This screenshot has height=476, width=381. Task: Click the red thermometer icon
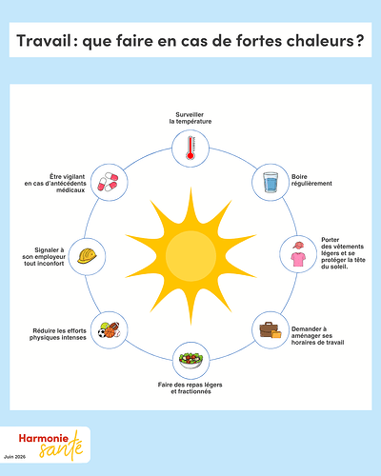click(x=190, y=148)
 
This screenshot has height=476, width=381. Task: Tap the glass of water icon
click(x=271, y=182)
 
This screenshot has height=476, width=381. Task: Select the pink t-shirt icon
click(x=298, y=259)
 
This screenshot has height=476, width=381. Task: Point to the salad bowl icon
click(x=190, y=361)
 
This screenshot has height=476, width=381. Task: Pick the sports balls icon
click(x=110, y=330)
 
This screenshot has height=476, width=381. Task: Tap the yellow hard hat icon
click(x=87, y=256)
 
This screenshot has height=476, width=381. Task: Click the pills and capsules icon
click(x=108, y=182)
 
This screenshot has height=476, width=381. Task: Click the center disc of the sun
click(x=190, y=256)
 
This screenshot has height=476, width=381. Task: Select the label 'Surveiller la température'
click(x=190, y=118)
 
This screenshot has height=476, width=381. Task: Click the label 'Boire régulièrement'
click(x=311, y=180)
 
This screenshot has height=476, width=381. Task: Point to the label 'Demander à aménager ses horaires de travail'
click(x=317, y=335)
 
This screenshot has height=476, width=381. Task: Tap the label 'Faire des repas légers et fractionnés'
click(x=190, y=388)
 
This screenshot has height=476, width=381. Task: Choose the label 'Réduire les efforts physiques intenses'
click(x=58, y=334)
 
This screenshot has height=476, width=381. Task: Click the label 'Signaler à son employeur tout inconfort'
click(x=44, y=257)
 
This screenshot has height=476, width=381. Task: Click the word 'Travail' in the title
click(x=44, y=41)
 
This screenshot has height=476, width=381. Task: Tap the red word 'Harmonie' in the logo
click(x=44, y=438)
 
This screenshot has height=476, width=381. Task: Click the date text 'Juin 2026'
click(x=14, y=457)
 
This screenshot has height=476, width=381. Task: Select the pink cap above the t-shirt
click(x=298, y=246)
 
